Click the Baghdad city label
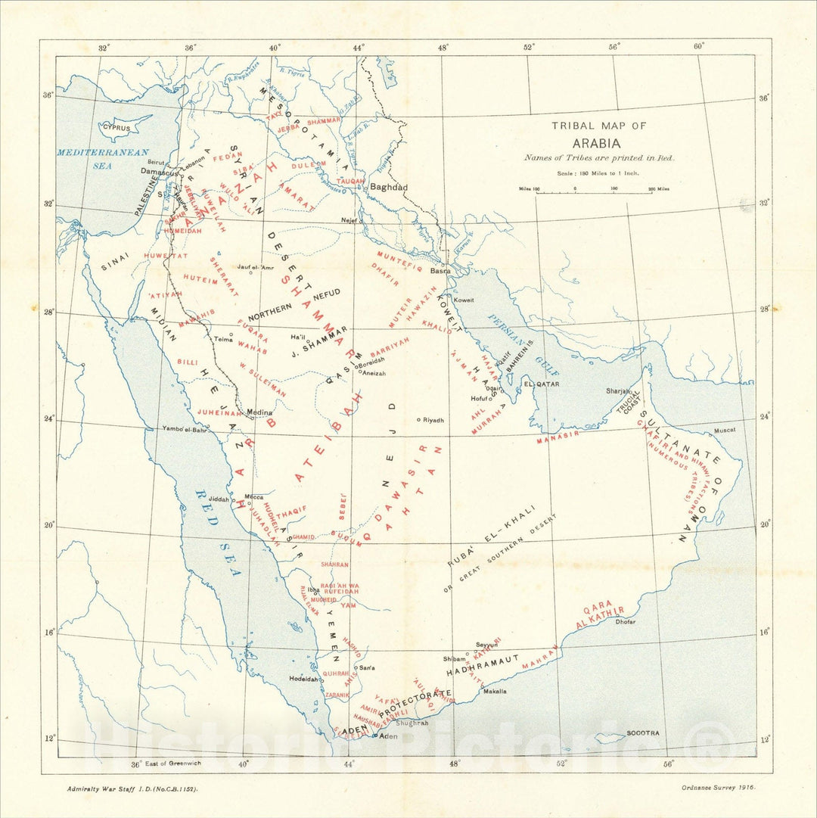(389, 187)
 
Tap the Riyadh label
(433, 420)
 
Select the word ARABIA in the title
(597, 143)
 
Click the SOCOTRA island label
(642, 733)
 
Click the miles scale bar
(594, 190)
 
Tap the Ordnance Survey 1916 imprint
(718, 788)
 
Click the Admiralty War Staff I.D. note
(132, 788)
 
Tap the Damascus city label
(159, 173)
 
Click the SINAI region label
(116, 261)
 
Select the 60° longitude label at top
(698, 46)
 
